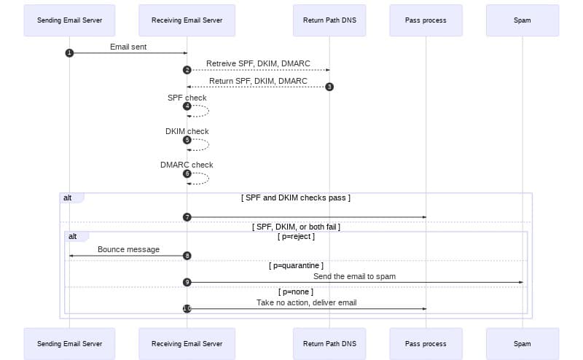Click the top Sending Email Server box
click(69, 20)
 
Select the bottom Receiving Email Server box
click(187, 343)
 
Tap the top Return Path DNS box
click(329, 20)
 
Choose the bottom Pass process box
click(426, 343)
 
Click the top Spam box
click(522, 20)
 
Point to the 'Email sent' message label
click(129, 47)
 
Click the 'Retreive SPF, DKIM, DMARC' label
click(258, 64)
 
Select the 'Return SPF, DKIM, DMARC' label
click(258, 81)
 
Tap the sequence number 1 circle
click(69, 53)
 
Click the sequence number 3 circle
click(329, 87)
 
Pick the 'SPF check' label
click(187, 98)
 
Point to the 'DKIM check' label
click(187, 131)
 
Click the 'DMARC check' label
click(187, 165)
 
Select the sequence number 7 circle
click(187, 217)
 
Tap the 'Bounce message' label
click(129, 249)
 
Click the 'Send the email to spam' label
click(354, 276)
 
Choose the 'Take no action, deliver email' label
click(306, 302)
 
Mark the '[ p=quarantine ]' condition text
click(296, 266)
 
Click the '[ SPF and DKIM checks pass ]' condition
click(296, 197)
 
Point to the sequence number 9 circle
click(187, 282)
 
